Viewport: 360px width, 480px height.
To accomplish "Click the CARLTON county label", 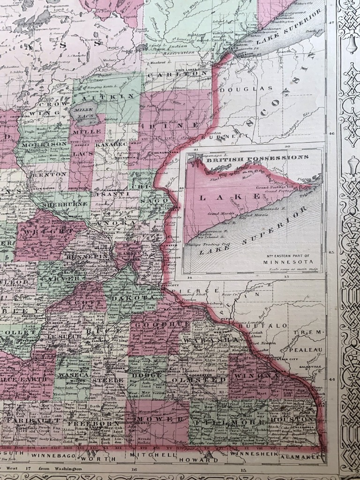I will point(177,74).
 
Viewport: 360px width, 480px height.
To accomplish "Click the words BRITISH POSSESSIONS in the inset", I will point(257,158).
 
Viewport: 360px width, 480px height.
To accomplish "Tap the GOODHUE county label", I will point(159,324).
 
